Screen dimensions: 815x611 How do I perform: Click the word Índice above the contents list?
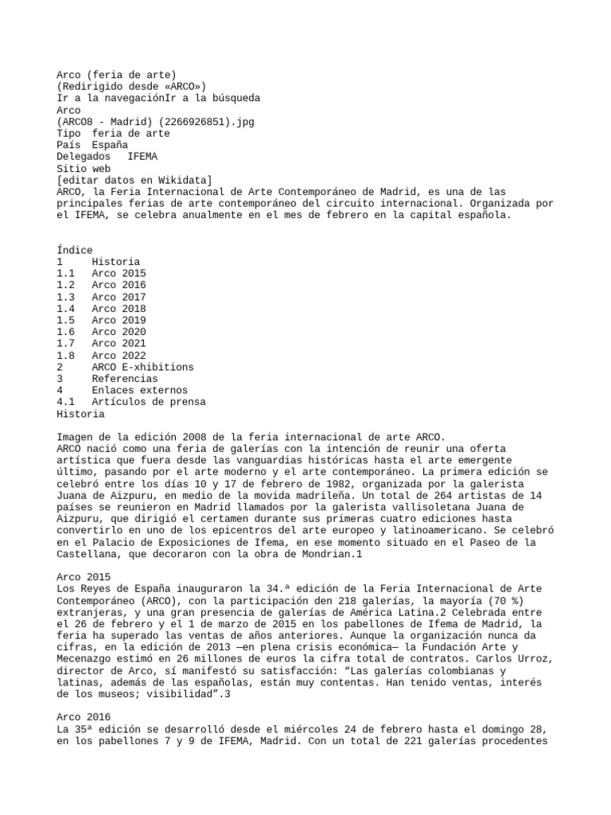(x=75, y=250)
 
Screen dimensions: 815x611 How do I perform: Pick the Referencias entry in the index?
(x=124, y=379)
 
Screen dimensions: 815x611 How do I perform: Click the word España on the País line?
(x=110, y=146)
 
